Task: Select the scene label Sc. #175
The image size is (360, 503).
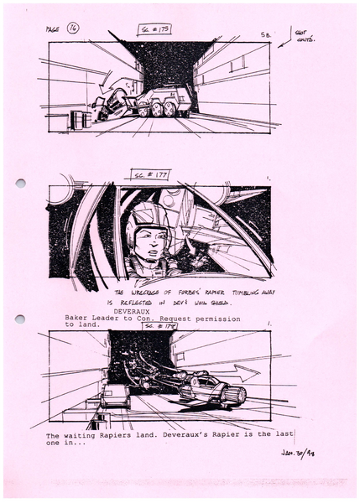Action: pyautogui.click(x=154, y=29)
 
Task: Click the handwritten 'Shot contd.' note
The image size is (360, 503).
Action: pyautogui.click(x=301, y=34)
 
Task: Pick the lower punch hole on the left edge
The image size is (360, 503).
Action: pyautogui.click(x=20, y=319)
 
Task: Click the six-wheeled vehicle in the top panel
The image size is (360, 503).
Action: pyautogui.click(x=163, y=101)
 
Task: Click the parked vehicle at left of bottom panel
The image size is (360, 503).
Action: pyautogui.click(x=113, y=396)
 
